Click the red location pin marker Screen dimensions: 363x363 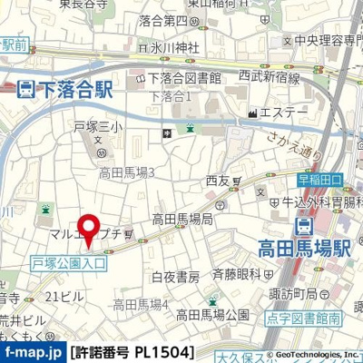[x=87, y=228]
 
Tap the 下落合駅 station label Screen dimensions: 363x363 [x=75, y=89]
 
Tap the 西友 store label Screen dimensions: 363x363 [x=218, y=181]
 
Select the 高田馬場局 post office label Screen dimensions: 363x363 [x=181, y=219]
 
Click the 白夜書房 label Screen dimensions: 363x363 [x=175, y=276]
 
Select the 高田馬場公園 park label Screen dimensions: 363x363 [x=212, y=315]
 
